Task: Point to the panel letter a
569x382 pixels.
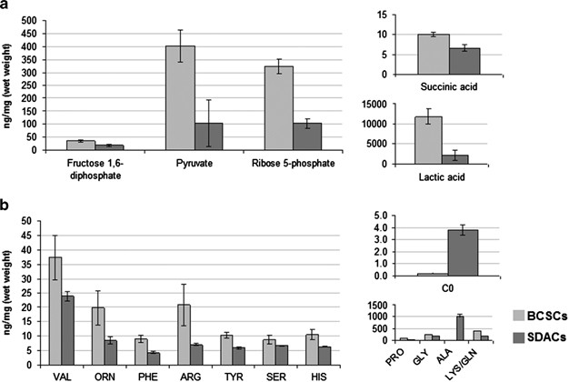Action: point(7,7)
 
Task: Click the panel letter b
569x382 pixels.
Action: point(7,207)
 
